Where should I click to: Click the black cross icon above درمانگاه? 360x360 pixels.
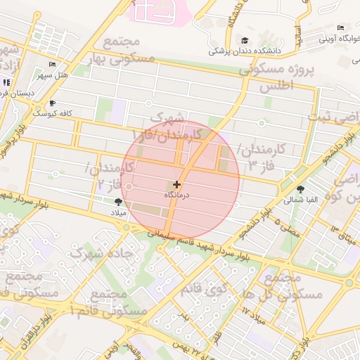click(176, 184)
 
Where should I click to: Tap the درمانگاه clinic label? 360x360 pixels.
click(177, 194)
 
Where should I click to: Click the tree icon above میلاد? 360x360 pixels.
click(117, 202)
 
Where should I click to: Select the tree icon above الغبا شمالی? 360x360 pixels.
click(301, 189)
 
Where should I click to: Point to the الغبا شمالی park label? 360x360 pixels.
click(301, 200)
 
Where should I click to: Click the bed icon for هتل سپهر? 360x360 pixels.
click(51, 65)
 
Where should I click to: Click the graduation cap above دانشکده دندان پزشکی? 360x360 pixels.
click(245, 41)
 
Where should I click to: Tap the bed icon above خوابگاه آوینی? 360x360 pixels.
click(340, 28)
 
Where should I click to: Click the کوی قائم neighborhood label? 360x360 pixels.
click(204, 289)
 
